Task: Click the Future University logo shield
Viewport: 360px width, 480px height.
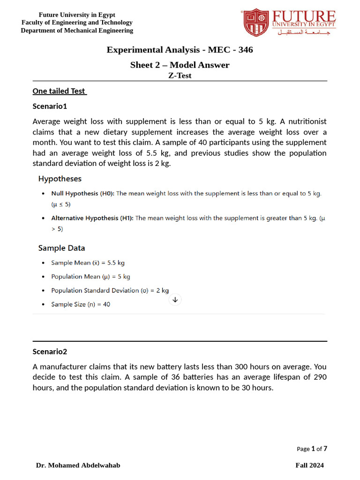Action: click(256, 22)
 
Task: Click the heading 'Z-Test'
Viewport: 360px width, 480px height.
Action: click(180, 75)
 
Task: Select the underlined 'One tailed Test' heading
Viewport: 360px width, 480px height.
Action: click(60, 91)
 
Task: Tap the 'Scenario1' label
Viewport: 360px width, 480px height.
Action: click(50, 106)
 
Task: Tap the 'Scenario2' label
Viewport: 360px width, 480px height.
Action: click(50, 352)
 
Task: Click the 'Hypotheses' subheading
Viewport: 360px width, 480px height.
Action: click(60, 179)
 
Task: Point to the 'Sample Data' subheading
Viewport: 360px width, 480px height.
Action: click(61, 248)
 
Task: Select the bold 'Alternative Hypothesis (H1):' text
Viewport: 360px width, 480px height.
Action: click(92, 218)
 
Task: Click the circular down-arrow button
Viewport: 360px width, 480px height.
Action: click(175, 300)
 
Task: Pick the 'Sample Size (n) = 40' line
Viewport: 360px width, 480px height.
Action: click(81, 304)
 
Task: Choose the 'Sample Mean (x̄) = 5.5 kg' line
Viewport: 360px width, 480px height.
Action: click(88, 263)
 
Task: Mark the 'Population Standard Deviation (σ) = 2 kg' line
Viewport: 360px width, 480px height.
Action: click(110, 291)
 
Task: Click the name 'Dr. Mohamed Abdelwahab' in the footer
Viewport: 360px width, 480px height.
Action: click(78, 465)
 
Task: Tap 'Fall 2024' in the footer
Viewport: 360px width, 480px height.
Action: click(309, 465)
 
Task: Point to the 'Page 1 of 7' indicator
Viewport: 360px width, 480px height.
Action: click(312, 449)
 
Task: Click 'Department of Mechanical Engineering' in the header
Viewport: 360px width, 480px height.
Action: click(77, 30)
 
